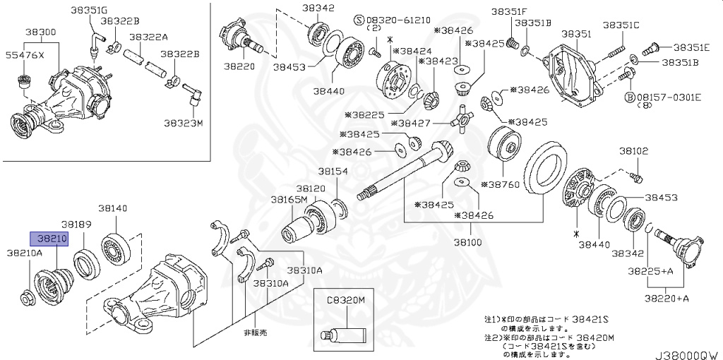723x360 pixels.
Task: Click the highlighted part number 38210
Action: coord(48,239)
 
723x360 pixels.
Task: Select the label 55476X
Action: coord(25,54)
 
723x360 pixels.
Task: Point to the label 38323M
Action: coord(183,123)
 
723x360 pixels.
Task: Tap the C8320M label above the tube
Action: coord(345,300)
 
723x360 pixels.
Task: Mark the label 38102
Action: coord(633,151)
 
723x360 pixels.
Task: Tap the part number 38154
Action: coord(332,172)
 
